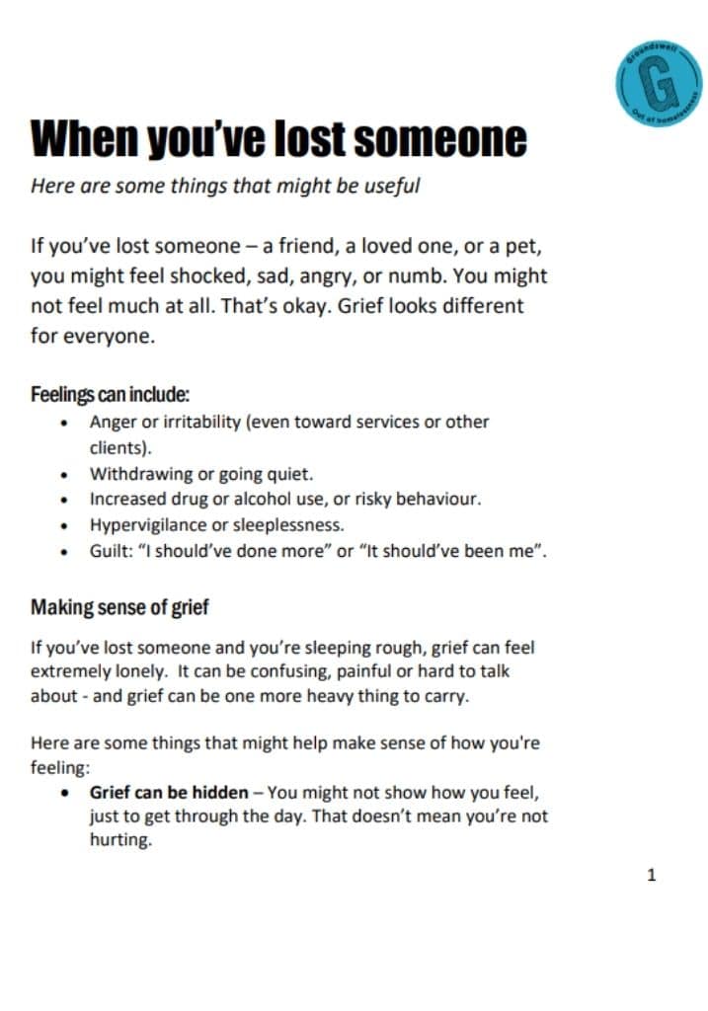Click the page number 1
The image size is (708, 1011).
point(651,874)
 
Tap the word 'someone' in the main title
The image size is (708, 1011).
point(440,139)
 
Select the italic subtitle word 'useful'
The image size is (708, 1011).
point(392,186)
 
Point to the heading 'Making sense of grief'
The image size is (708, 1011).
point(119,607)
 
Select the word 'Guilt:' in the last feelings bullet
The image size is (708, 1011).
point(111,550)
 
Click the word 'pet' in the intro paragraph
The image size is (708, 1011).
point(524,247)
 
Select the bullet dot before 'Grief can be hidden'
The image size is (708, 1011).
point(65,793)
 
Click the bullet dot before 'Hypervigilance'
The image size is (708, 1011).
point(65,525)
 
